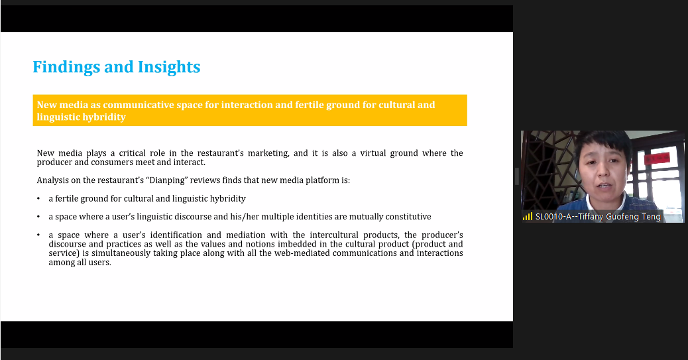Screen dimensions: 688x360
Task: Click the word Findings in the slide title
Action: click(67, 67)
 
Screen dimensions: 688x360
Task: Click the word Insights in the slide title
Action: click(169, 67)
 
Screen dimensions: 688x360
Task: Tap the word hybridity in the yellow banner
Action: click(105, 117)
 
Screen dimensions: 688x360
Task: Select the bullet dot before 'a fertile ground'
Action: click(38, 199)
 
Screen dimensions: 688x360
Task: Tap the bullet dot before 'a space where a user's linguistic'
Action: click(38, 217)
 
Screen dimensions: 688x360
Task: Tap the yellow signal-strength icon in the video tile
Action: click(528, 216)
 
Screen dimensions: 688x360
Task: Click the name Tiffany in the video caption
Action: click(591, 216)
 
